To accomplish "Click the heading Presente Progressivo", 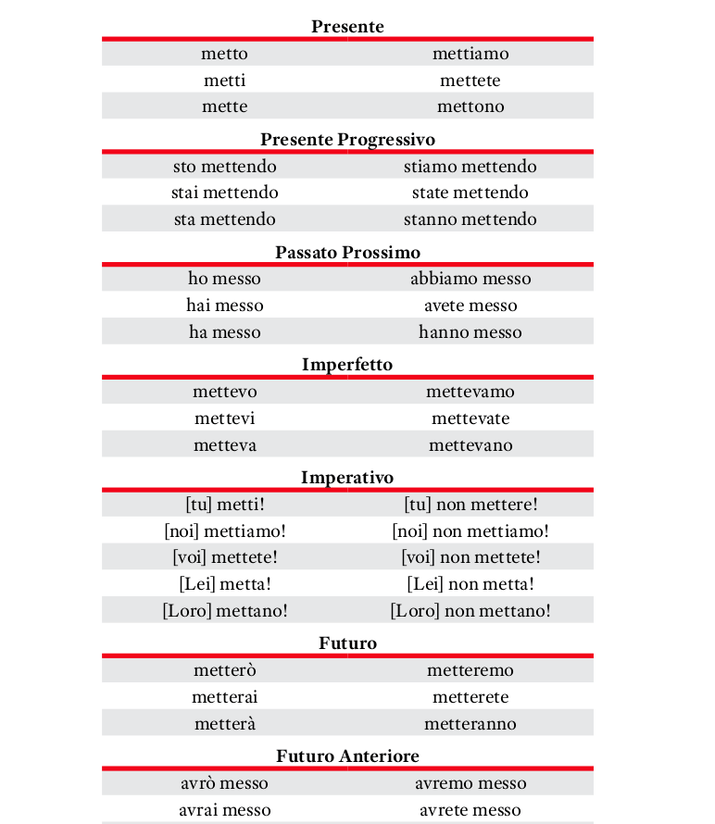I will (347, 140).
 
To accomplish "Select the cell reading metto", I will (225, 54).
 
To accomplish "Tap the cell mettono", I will (470, 106).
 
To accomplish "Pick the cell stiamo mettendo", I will (470, 167).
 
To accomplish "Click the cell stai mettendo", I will (225, 193).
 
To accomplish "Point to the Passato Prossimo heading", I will (347, 252).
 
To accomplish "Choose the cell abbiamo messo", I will (470, 279).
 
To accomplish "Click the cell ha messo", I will (225, 332).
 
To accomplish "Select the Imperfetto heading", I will (347, 365).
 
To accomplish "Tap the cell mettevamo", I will (470, 392).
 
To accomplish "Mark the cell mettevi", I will (225, 418).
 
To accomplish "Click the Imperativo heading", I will (347, 478).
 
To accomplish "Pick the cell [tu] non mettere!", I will (470, 505).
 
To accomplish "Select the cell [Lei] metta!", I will (225, 584).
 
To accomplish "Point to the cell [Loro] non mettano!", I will (470, 611).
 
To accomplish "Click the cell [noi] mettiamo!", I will (225, 531).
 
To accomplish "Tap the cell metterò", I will (225, 670).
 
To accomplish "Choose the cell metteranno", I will (470, 724).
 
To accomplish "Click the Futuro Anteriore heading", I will (347, 756).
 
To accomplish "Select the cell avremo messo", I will (470, 783).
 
